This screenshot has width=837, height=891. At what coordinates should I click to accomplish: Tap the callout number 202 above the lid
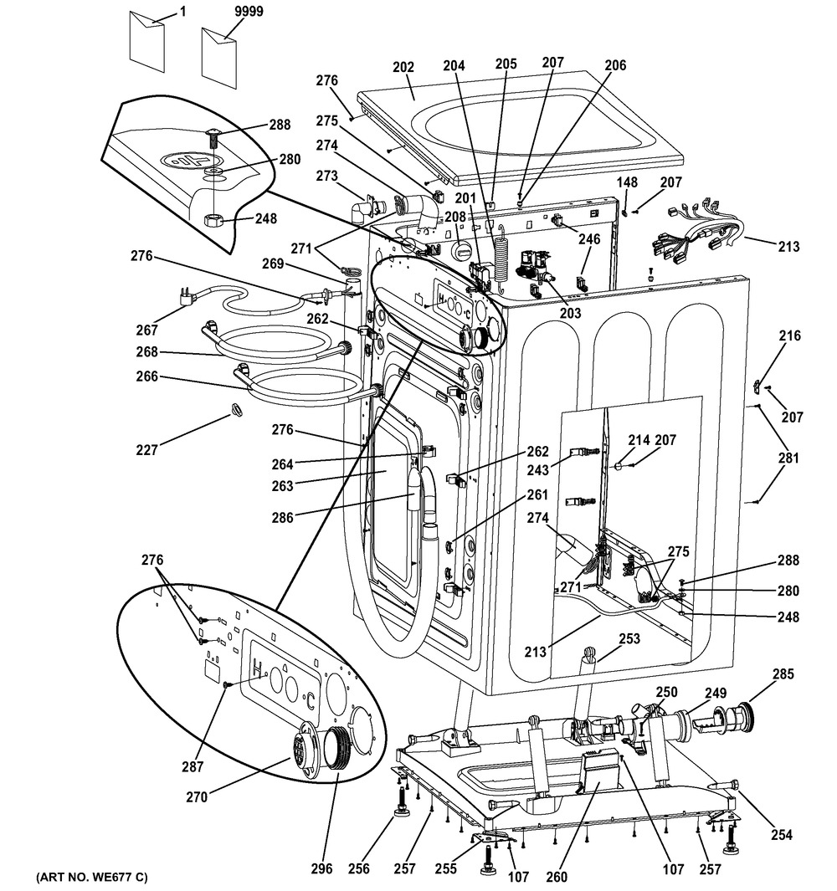403,66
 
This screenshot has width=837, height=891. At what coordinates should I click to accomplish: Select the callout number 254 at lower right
780,835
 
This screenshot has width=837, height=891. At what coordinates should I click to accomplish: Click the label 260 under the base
556,877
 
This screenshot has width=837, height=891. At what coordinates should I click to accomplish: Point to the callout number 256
358,869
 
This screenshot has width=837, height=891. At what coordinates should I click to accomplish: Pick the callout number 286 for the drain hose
282,518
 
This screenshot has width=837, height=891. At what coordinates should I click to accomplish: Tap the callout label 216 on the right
789,336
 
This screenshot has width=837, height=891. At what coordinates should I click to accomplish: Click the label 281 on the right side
788,458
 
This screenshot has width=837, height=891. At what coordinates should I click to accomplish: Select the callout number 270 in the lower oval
197,797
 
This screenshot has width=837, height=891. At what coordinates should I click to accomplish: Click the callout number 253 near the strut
629,638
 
